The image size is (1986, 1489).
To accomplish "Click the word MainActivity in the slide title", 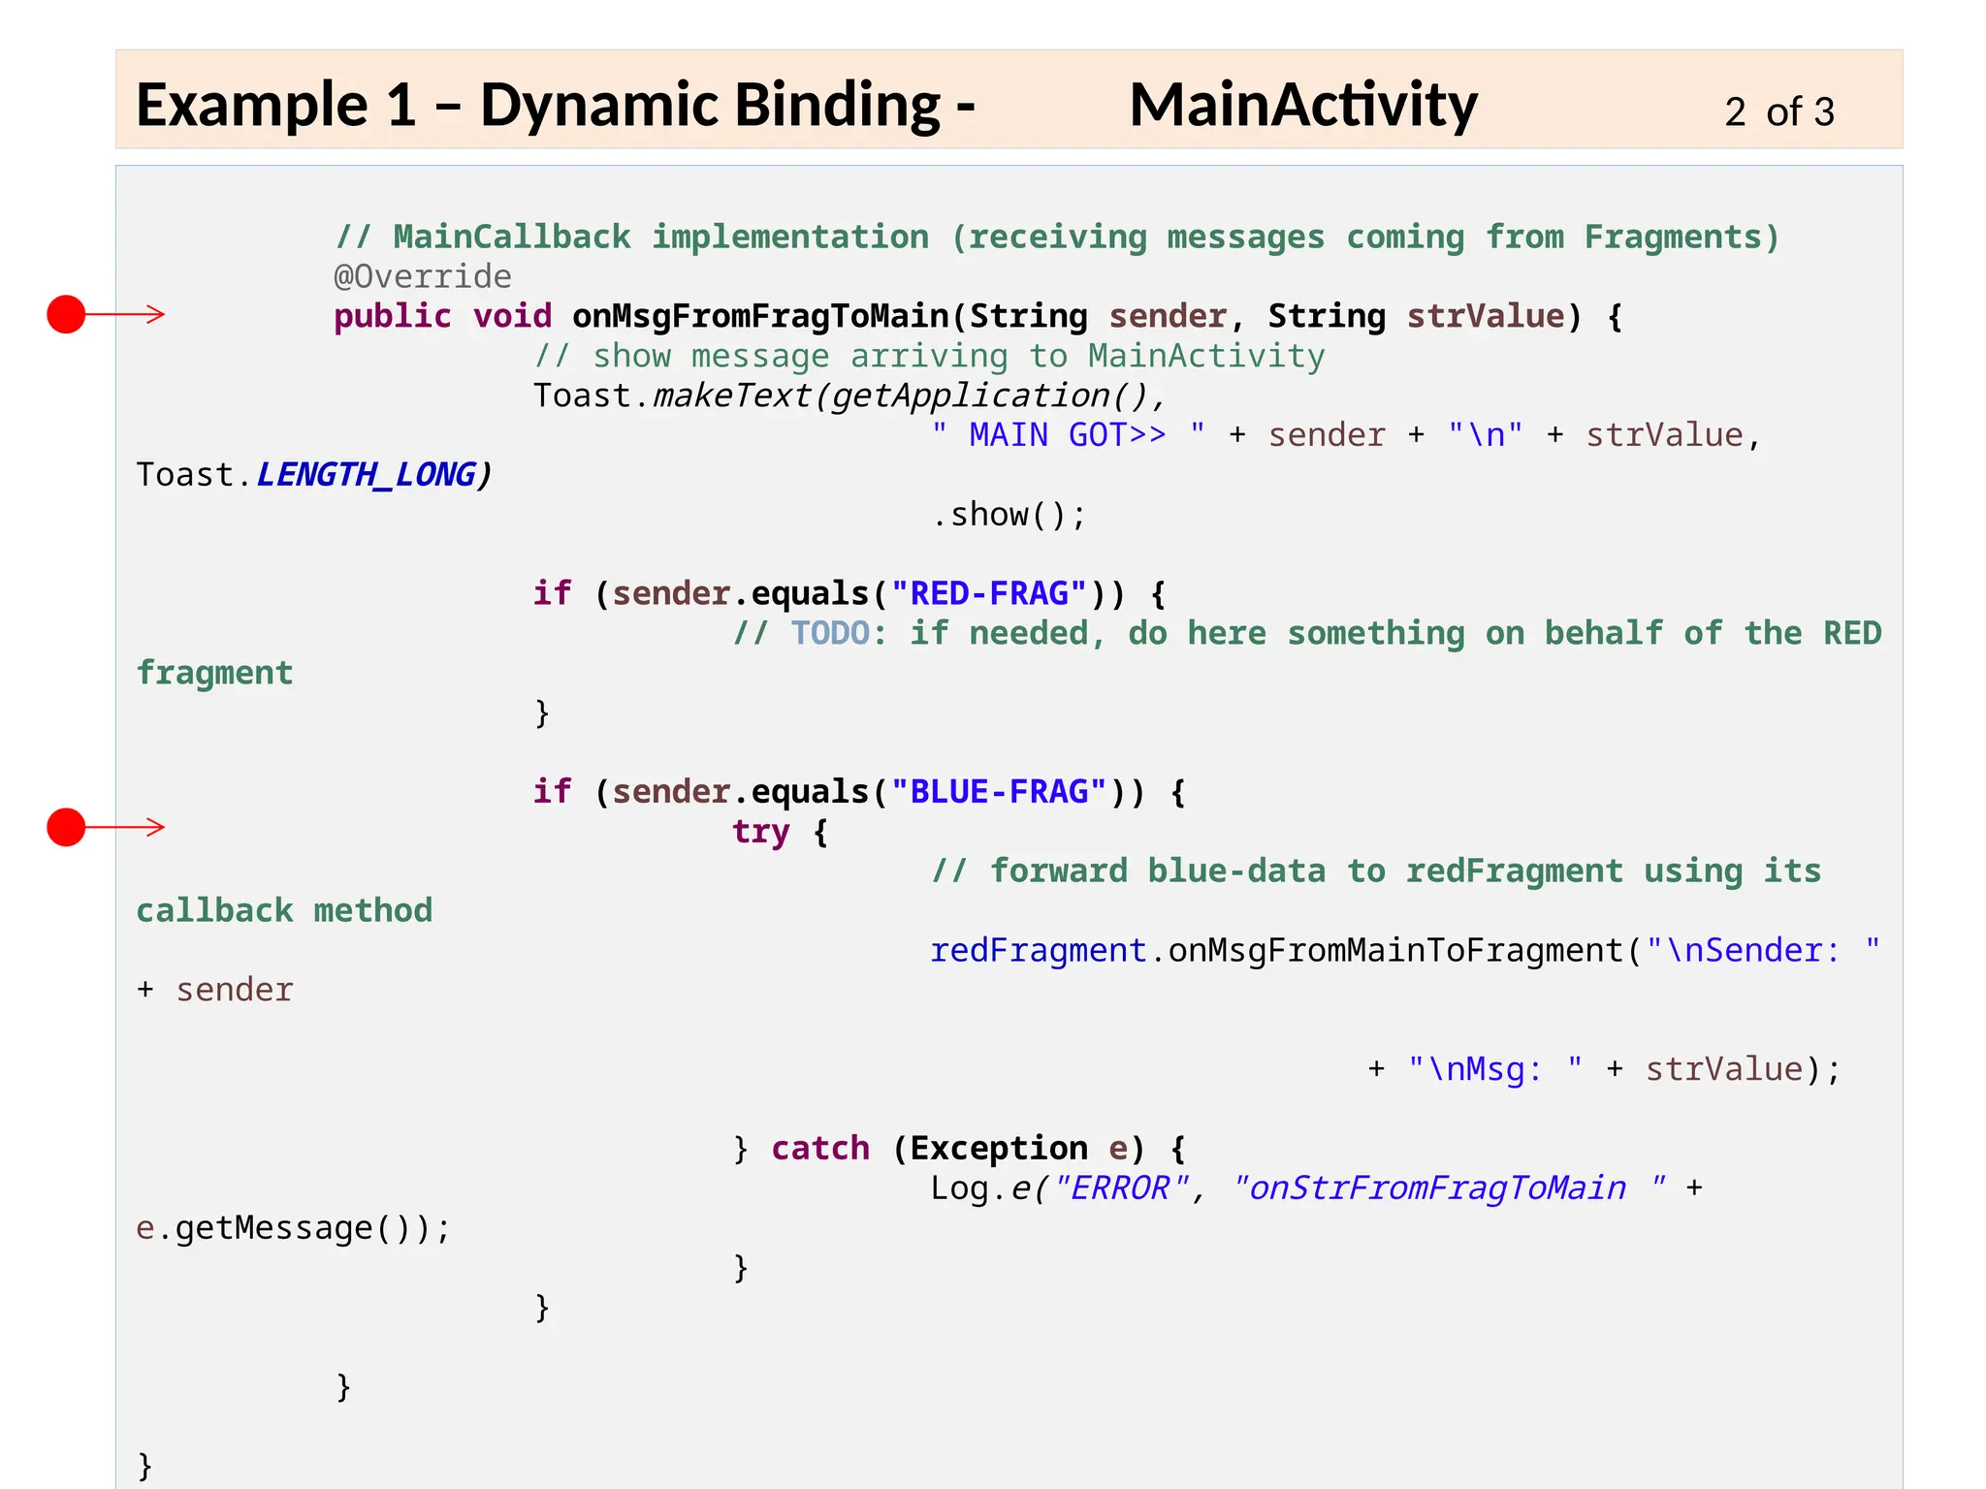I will pyautogui.click(x=1302, y=105).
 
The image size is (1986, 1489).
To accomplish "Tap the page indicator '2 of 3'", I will pyautogui.click(x=1778, y=112).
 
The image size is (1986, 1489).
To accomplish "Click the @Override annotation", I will pyautogui.click(x=423, y=277).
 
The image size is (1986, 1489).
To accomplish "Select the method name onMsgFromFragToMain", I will pyautogui.click(x=760, y=316).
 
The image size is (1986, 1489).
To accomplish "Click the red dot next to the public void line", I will pyautogui.click(x=66, y=314).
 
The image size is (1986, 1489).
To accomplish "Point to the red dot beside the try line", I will pyautogui.click(x=66, y=827).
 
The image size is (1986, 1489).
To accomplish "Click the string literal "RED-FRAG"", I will pyautogui.click(x=989, y=593).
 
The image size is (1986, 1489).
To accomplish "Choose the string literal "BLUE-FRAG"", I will pyautogui.click(x=999, y=792).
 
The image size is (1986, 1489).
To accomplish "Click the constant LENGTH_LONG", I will pyautogui.click(x=366, y=475).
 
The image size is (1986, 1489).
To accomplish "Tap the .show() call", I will pyautogui.click(x=1009, y=515).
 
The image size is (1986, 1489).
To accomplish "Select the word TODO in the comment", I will pyautogui.click(x=830, y=633).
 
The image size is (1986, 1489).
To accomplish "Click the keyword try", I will pyautogui.click(x=760, y=832).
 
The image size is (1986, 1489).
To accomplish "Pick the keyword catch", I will pyautogui.click(x=820, y=1149).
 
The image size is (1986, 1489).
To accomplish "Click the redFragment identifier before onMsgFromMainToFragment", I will pyautogui.click(x=1038, y=951).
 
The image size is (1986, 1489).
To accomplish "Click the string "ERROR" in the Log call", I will pyautogui.click(x=1121, y=1188).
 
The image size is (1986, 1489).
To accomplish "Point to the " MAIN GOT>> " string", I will pyautogui.click(x=1068, y=435).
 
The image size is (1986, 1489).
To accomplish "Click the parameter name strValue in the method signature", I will pyautogui.click(x=1485, y=316).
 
